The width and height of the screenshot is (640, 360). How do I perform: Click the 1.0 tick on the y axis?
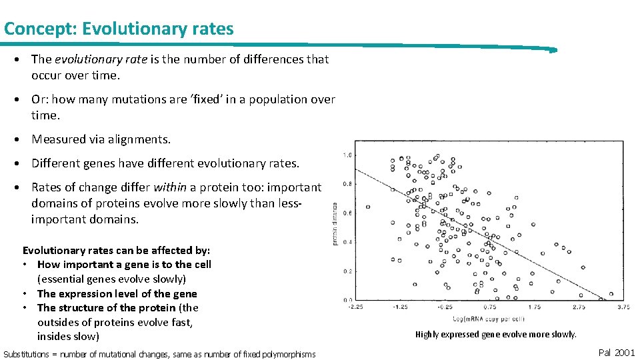(347, 155)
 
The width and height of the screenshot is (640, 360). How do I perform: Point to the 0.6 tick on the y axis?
(347, 213)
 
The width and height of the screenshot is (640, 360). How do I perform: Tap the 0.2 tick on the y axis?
(347, 271)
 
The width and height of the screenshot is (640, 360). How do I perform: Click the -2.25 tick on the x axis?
(355, 307)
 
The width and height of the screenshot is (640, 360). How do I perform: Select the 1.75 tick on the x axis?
(533, 307)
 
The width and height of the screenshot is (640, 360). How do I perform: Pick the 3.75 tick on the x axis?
(623, 307)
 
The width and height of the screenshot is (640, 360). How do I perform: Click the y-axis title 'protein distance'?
(335, 224)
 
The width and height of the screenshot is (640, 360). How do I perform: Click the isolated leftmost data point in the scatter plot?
(368, 207)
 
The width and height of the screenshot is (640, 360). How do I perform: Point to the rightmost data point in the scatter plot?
(612, 293)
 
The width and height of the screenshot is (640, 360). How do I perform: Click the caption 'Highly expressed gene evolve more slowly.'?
(495, 335)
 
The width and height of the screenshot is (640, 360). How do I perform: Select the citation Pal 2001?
(617, 353)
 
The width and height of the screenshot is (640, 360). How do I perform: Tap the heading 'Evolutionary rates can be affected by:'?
(117, 251)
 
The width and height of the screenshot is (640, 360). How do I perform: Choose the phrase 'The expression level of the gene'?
(117, 293)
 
